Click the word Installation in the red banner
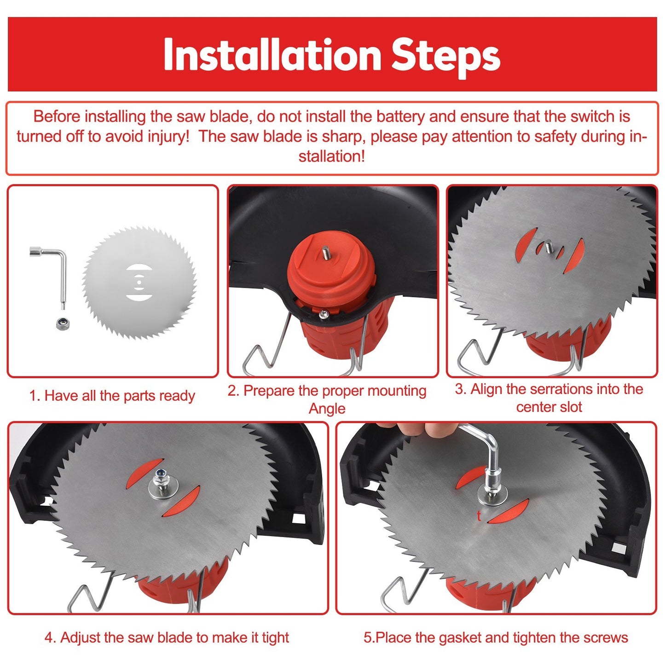[272, 54]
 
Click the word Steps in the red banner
[445, 57]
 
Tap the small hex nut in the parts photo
[64, 324]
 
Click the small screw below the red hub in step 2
[324, 314]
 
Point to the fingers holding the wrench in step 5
[428, 429]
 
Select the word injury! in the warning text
[169, 137]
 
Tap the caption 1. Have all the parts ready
[112, 395]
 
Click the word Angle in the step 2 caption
[327, 409]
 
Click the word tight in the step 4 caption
[275, 638]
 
